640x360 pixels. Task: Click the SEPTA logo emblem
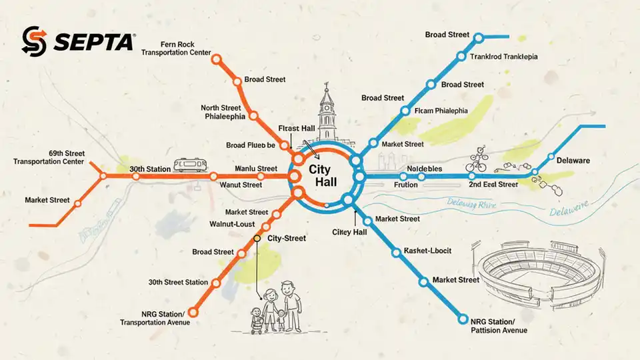click(33, 41)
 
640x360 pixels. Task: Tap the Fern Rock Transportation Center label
click(177, 48)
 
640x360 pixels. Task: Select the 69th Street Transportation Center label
click(49, 157)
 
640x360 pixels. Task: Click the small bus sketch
click(189, 165)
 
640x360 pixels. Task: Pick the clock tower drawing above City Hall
click(327, 113)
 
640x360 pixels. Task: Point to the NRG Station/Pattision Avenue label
click(499, 325)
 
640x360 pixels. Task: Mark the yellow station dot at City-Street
click(257, 238)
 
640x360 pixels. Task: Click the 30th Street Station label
click(178, 282)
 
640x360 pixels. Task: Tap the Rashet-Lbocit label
click(427, 251)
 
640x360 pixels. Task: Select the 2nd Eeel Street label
click(493, 185)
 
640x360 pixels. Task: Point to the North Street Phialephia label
click(223, 111)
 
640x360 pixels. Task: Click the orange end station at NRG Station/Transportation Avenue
click(193, 311)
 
